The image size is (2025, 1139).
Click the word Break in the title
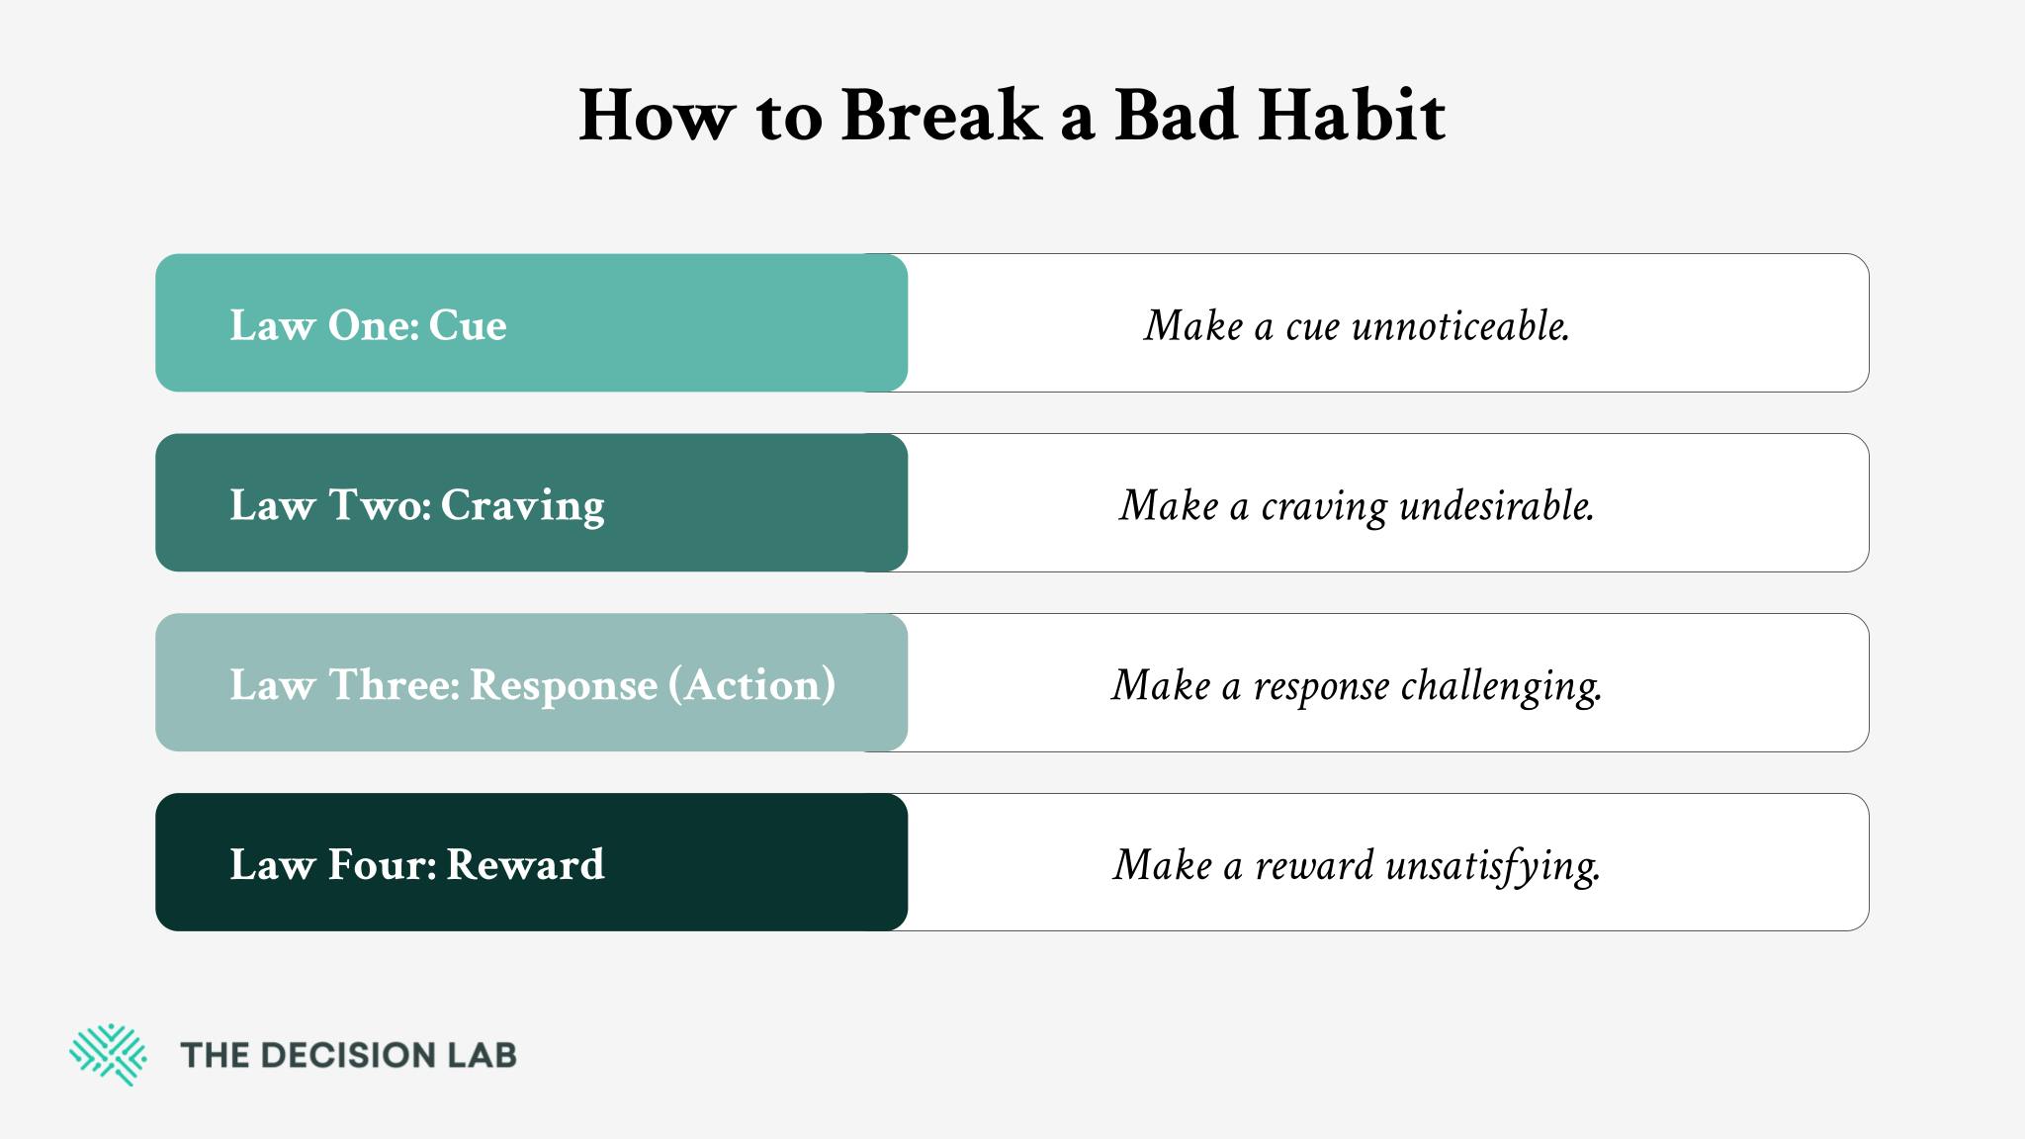941,116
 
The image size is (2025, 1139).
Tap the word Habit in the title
1352,116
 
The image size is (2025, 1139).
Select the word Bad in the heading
1176,116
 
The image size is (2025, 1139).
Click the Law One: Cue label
368,325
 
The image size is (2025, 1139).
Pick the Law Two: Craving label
417,506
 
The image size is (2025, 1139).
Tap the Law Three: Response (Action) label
533,685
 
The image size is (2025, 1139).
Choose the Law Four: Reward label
417,864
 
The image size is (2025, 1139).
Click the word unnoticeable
1460,325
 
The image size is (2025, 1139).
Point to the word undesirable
1497,505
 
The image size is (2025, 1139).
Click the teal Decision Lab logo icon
108,1055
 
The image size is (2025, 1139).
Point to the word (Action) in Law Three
751,685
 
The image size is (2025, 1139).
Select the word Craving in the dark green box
522,506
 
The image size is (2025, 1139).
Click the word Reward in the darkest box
525,864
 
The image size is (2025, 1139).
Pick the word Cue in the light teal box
468,325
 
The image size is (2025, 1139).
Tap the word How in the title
658,116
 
